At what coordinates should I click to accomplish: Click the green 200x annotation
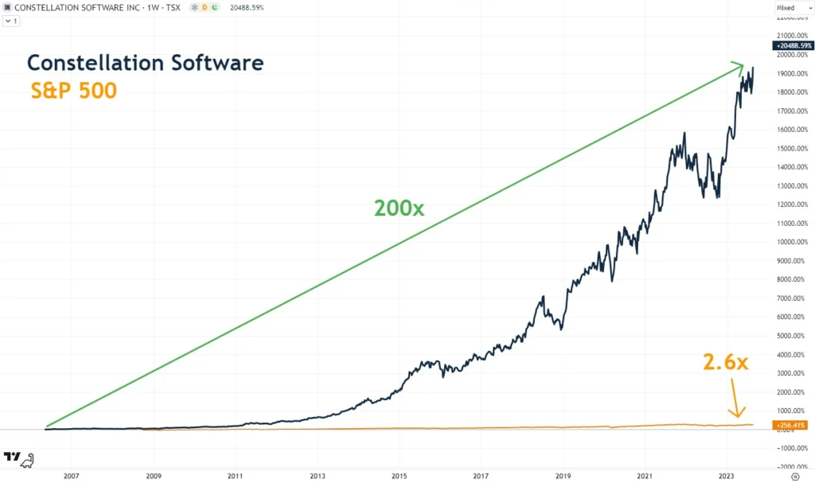(x=400, y=208)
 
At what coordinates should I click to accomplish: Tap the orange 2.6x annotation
(x=725, y=362)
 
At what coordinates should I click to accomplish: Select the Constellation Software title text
(x=146, y=63)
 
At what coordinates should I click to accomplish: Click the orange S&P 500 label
(x=74, y=91)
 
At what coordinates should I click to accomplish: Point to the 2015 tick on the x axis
(x=399, y=476)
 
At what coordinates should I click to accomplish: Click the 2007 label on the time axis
(x=71, y=476)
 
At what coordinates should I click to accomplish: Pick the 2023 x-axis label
(x=727, y=476)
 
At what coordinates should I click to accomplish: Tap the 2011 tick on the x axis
(x=235, y=476)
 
